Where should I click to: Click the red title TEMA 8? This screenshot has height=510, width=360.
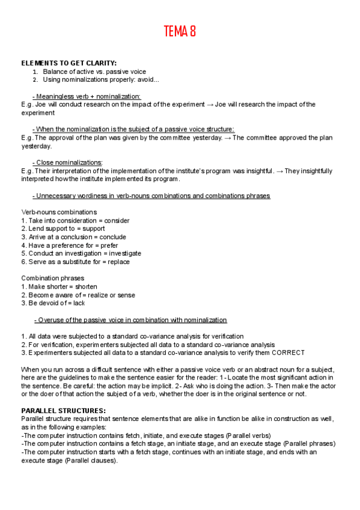(x=180, y=32)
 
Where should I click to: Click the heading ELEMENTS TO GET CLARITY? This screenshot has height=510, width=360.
(x=69, y=63)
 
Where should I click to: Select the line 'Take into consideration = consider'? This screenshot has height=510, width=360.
(x=75, y=221)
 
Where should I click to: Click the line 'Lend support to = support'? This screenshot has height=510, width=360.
(x=63, y=229)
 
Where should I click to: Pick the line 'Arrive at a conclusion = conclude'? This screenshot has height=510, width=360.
(x=73, y=237)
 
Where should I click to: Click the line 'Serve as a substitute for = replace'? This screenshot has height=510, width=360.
(x=75, y=262)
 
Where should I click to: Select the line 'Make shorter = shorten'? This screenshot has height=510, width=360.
(x=59, y=287)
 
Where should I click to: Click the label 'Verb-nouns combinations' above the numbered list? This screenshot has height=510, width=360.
(x=59, y=212)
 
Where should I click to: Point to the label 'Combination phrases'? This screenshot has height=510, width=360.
(x=53, y=278)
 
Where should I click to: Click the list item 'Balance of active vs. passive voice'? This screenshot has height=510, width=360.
(x=94, y=72)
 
